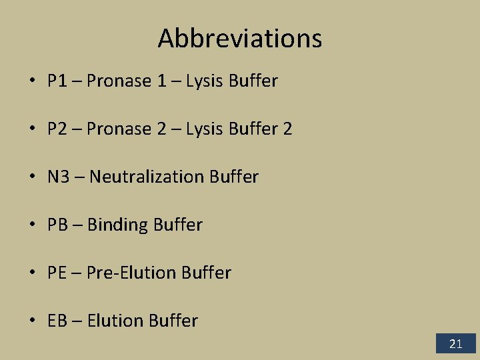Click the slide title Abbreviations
(x=240, y=39)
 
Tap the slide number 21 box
(x=456, y=344)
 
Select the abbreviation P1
(x=56, y=81)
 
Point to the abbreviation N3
(x=57, y=177)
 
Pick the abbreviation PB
(x=57, y=225)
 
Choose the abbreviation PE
(x=57, y=273)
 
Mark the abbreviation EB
(x=57, y=321)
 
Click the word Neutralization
(x=146, y=177)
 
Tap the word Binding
(x=117, y=225)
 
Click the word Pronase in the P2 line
(x=119, y=129)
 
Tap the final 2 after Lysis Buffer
(x=287, y=129)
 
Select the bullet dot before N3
(x=32, y=177)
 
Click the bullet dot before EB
(x=32, y=321)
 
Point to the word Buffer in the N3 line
(x=233, y=177)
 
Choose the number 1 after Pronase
(x=162, y=81)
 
